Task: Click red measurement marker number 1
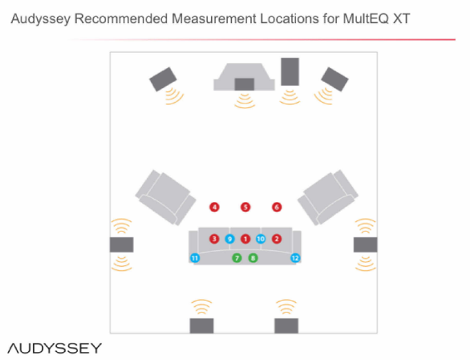(245, 239)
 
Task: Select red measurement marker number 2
(277, 239)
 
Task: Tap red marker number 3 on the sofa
(214, 239)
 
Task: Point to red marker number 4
(214, 207)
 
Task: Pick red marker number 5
(245, 207)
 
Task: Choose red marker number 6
(277, 207)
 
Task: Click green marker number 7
(237, 258)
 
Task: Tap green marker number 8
(253, 258)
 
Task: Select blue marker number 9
(230, 239)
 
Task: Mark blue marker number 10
(261, 239)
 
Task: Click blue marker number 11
(195, 258)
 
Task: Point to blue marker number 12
(295, 258)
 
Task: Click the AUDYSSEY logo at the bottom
(55, 348)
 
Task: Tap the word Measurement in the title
(214, 18)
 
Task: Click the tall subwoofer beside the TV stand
(290, 71)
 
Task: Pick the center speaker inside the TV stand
(245, 84)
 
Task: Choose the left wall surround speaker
(121, 245)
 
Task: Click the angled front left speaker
(163, 79)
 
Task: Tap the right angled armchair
(328, 197)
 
